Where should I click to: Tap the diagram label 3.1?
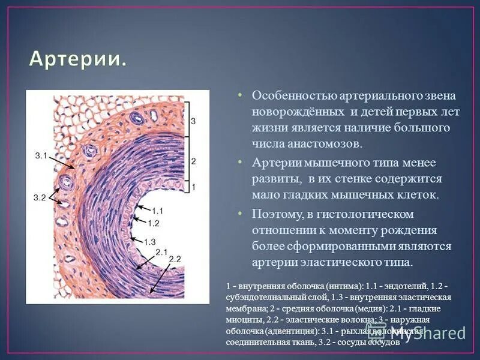(41, 156)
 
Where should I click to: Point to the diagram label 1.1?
(158, 211)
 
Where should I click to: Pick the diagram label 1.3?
(150, 241)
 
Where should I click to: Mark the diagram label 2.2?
(174, 259)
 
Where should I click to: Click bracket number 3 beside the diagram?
(193, 122)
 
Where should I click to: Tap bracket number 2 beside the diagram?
(193, 161)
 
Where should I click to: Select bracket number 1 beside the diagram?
(193, 187)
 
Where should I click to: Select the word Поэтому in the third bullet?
(275, 214)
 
